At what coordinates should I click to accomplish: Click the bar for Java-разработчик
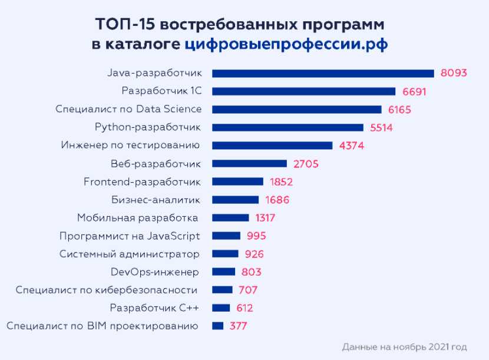pos(323,73)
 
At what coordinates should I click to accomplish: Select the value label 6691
pos(414,91)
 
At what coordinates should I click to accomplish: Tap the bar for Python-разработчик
pos(288,127)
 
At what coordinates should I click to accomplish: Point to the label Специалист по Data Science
pos(128,109)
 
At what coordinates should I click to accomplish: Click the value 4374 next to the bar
pos(352,146)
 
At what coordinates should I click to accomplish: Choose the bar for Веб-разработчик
pos(249,163)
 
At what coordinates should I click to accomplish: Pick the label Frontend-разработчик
pos(142,181)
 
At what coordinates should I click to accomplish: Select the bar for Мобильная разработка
pos(230,217)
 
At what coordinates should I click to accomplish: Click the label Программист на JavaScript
pos(130,236)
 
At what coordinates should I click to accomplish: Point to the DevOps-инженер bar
pos(223,272)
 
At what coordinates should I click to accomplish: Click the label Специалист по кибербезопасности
pos(106,290)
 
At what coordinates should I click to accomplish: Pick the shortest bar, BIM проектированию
pos(217,326)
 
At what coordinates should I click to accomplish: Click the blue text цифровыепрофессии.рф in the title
pos(286,45)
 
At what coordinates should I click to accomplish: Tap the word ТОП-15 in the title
pos(125,25)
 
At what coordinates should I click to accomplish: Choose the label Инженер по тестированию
pos(130,146)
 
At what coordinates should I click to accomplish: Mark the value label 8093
pos(452,73)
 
